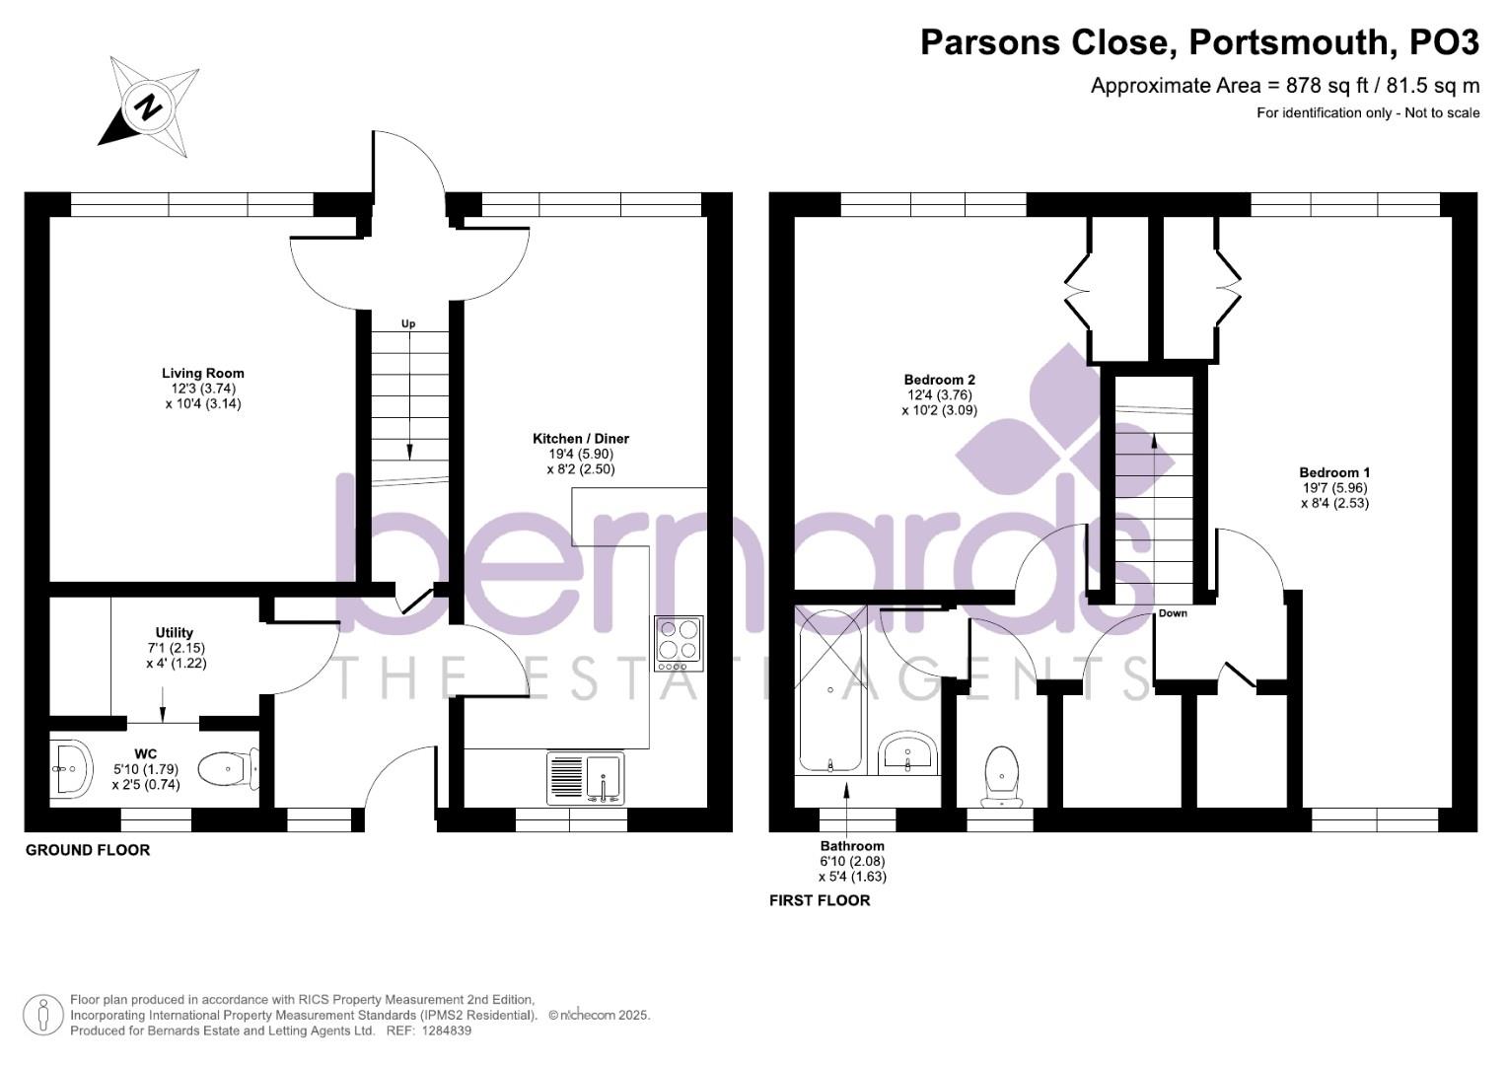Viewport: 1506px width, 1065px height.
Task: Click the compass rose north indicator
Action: coord(149,106)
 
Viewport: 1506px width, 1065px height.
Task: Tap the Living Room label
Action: coord(203,374)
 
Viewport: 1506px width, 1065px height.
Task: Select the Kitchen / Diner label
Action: coord(581,439)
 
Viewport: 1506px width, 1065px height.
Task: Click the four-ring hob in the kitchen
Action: coord(679,644)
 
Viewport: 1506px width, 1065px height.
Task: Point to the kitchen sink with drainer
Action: coord(586,777)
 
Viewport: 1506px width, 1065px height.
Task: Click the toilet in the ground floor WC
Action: coord(228,768)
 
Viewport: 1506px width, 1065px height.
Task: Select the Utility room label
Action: coord(175,633)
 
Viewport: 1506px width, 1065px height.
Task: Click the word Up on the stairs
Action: coord(408,323)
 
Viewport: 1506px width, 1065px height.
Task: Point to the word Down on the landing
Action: coord(1173,613)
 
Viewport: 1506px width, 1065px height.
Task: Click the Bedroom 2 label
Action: coord(940,380)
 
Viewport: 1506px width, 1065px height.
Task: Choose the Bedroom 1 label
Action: coord(1334,472)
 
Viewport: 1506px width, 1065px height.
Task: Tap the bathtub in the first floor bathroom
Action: coord(830,690)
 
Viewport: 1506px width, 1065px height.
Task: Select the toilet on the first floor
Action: coord(1001,775)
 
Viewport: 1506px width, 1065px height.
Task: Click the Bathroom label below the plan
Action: coord(852,846)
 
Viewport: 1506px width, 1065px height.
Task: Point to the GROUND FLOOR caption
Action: coord(88,850)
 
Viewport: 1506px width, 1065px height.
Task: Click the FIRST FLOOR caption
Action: coord(820,900)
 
